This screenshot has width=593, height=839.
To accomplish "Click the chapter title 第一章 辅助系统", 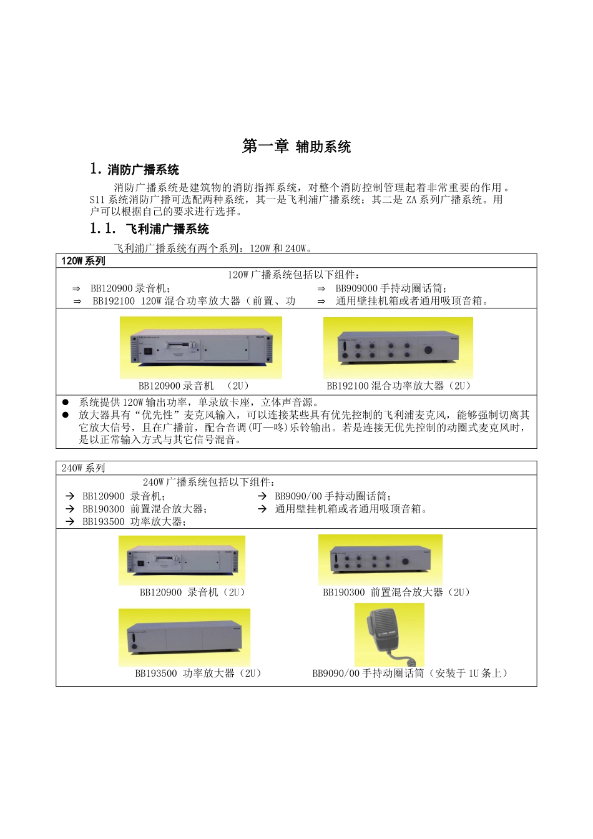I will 296,147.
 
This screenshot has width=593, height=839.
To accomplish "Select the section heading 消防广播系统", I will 143,170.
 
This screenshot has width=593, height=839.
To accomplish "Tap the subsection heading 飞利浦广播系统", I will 167,229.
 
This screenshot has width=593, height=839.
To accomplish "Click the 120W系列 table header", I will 83,261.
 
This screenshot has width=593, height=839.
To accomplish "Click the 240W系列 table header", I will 83,468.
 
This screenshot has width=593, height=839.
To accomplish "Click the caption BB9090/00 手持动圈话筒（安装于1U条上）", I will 411,674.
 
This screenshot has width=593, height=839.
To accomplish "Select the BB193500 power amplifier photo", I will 184,637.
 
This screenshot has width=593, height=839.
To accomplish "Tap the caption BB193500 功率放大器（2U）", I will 198,674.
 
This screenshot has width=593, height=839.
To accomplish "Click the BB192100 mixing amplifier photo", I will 398,348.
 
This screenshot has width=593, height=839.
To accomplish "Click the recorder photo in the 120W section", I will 200,347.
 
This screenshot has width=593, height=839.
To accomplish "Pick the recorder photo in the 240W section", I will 182,560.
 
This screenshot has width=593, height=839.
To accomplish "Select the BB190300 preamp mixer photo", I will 380,559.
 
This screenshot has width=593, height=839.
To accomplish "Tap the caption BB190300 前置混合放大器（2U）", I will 396,592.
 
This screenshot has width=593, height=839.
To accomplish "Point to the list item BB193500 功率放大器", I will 134,522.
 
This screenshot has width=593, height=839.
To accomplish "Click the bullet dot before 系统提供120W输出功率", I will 66,403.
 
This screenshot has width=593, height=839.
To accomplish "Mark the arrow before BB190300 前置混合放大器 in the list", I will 70,509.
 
